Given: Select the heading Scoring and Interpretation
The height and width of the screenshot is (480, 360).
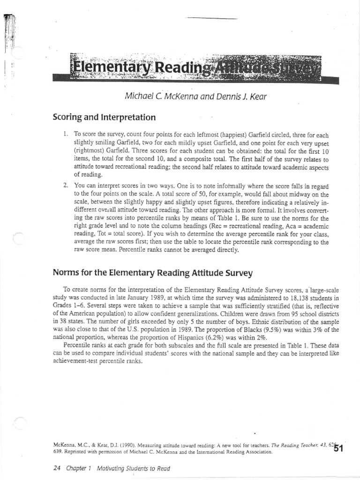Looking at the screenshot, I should (105, 117).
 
